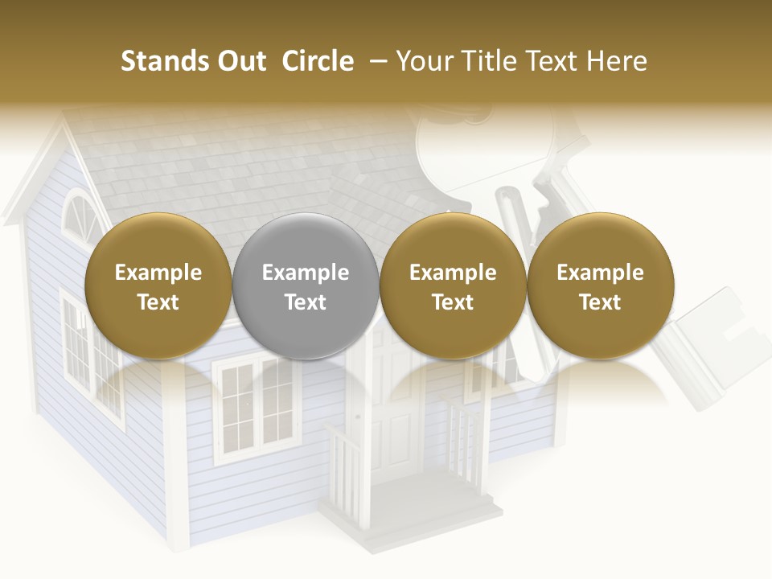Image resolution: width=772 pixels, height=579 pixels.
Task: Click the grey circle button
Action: click(x=306, y=286)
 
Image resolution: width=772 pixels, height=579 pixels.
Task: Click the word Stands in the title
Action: click(x=154, y=61)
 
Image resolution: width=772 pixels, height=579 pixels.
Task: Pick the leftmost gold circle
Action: click(x=158, y=286)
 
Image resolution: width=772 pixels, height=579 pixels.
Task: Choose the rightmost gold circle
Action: click(x=600, y=286)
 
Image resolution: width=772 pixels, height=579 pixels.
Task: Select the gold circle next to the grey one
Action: click(x=453, y=286)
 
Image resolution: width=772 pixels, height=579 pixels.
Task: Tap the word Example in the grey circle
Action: click(x=306, y=273)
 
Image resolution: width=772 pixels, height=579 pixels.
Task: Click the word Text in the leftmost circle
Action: click(x=158, y=302)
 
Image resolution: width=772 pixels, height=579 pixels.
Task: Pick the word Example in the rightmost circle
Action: click(x=600, y=273)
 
